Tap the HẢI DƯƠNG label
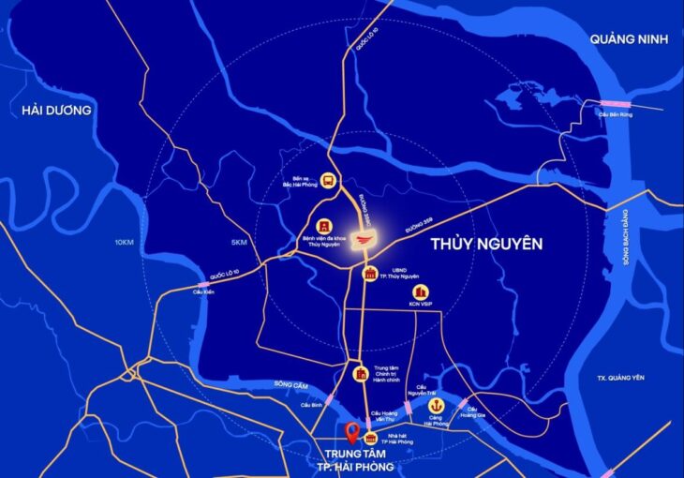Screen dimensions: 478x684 (56, 110)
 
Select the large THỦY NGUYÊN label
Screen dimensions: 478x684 (486, 244)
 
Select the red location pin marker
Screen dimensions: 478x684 (350, 433)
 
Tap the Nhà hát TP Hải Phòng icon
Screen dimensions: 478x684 (371, 438)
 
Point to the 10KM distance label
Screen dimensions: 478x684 (125, 243)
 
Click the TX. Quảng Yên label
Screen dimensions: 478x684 (621, 379)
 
